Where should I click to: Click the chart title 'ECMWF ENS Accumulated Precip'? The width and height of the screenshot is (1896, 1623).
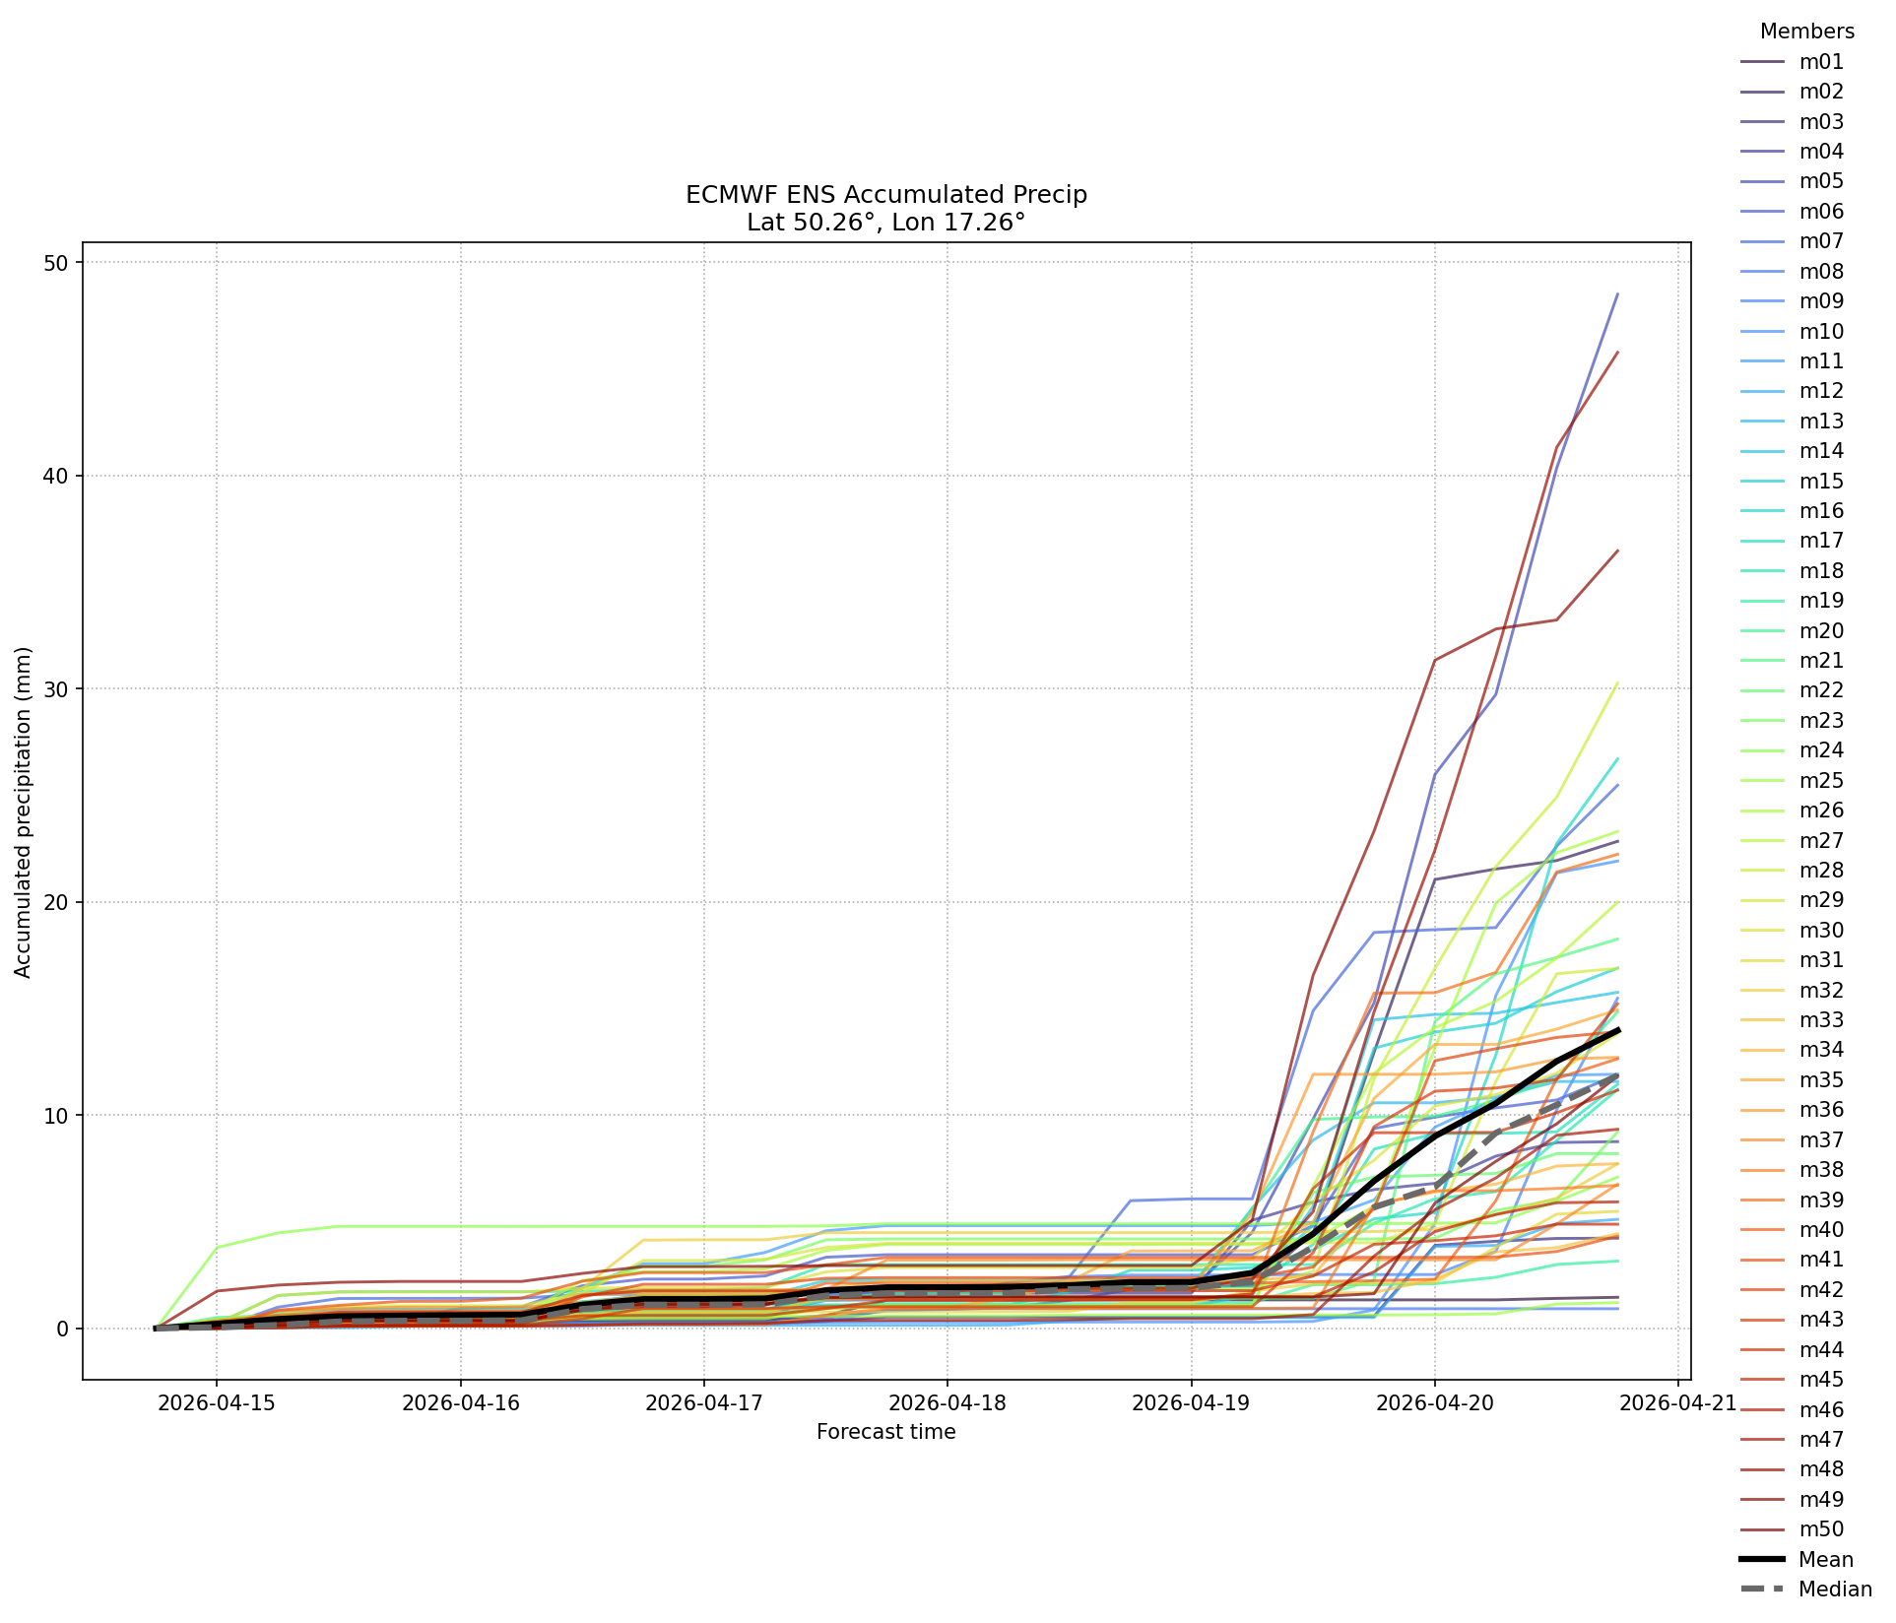click(886, 195)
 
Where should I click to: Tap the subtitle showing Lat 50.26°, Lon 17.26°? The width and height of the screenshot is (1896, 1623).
click(886, 223)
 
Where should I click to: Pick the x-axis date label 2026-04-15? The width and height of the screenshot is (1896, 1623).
click(217, 1402)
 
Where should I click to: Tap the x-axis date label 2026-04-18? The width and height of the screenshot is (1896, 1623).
click(948, 1402)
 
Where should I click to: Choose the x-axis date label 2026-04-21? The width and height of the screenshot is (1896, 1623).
click(1678, 1402)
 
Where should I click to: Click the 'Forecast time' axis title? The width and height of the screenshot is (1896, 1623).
click(886, 1432)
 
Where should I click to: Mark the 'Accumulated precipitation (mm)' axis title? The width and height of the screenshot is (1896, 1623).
click(24, 812)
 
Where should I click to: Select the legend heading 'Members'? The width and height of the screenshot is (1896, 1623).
click(1807, 32)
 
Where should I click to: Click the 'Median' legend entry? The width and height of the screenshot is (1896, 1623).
click(1806, 1590)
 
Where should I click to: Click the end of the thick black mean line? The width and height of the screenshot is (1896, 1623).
click(1617, 1030)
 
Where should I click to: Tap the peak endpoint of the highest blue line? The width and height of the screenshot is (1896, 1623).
click(1617, 293)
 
